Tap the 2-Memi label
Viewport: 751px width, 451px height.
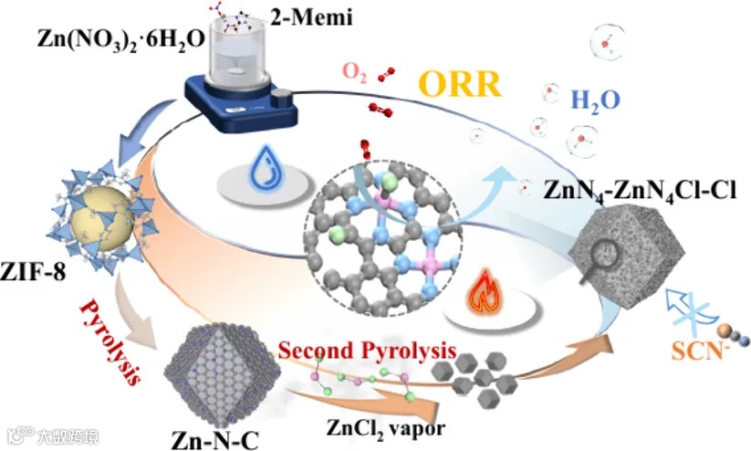coord(291,16)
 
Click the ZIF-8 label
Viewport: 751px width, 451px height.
coord(35,271)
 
